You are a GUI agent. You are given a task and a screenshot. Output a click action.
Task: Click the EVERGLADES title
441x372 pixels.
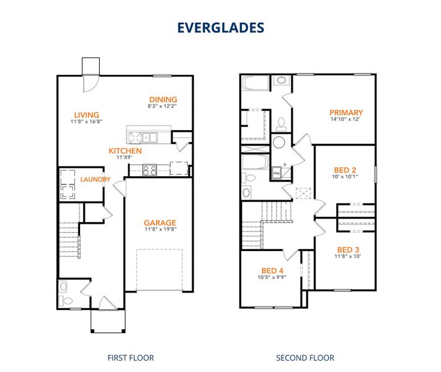tap(220, 27)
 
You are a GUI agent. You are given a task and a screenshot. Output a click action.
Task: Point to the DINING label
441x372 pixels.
tap(163, 100)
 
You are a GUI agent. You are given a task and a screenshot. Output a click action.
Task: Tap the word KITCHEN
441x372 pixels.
tap(125, 151)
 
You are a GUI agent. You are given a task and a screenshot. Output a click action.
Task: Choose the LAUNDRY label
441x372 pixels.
tap(95, 180)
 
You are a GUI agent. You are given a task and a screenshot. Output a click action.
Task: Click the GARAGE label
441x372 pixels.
tap(160, 223)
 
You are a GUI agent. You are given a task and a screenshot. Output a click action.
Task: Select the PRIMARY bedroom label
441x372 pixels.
tap(346, 112)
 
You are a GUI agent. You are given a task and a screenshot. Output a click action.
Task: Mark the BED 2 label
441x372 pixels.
tap(345, 169)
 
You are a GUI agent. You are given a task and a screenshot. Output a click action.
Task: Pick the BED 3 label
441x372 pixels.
tap(348, 249)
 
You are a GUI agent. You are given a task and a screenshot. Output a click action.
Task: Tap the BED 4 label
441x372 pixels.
tap(272, 270)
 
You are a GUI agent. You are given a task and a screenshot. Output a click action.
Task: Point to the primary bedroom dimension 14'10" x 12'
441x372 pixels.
tap(346, 120)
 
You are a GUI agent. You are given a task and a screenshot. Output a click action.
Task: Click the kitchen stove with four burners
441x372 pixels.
tap(149, 168)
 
